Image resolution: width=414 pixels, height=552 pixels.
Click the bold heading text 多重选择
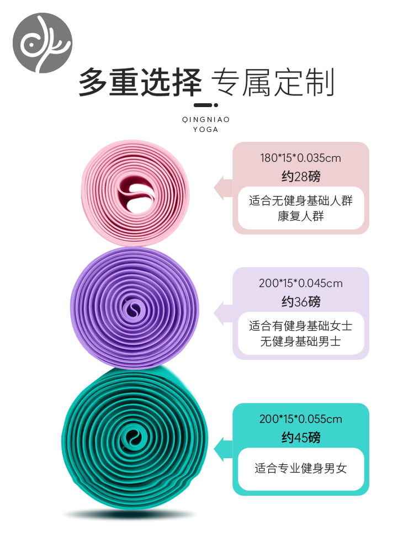(x=140, y=83)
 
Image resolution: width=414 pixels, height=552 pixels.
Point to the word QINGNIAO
(x=206, y=119)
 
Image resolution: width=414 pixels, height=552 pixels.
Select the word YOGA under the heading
(x=206, y=130)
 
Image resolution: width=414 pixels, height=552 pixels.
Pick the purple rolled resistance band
(x=134, y=307)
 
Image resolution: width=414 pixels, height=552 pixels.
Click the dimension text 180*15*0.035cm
(x=301, y=158)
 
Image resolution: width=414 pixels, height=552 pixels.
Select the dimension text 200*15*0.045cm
(x=301, y=283)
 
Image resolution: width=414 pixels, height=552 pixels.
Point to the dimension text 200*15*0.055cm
(x=301, y=419)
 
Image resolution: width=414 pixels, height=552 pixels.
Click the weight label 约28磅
(x=301, y=177)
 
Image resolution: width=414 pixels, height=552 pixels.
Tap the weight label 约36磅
(x=301, y=302)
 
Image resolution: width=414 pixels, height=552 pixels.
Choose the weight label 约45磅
(x=301, y=438)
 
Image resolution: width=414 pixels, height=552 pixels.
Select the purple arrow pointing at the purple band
(x=223, y=313)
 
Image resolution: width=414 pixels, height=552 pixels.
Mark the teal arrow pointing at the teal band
(x=223, y=449)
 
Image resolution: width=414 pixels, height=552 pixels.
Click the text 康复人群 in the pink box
(x=301, y=216)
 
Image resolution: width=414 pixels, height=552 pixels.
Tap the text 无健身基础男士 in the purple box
(x=301, y=341)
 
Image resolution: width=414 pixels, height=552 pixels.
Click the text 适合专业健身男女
(x=301, y=469)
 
